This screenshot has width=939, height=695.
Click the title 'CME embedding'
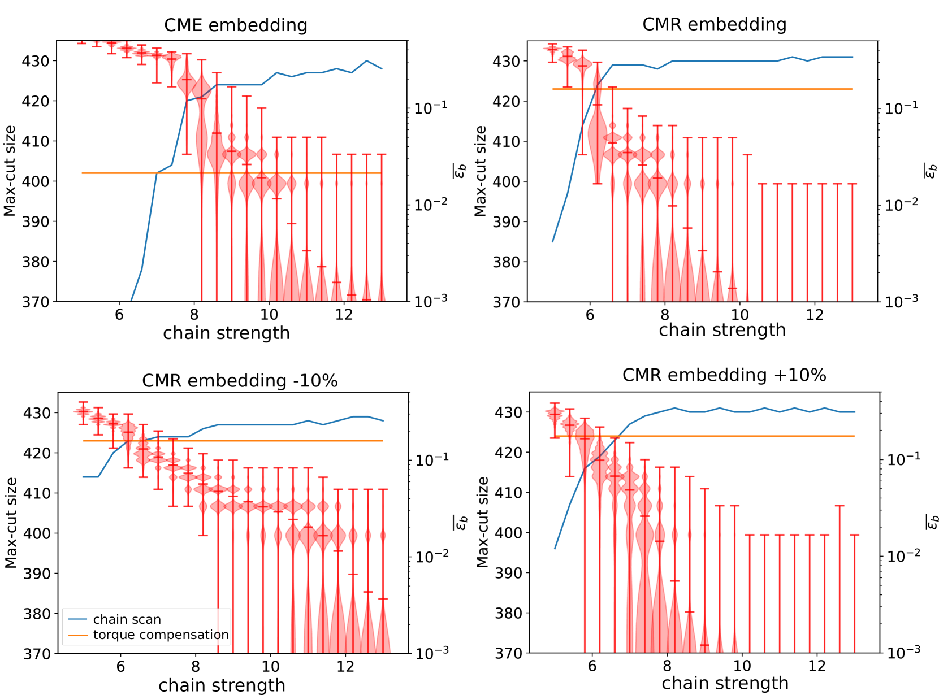[x=236, y=25]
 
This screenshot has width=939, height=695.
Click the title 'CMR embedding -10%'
[x=240, y=381]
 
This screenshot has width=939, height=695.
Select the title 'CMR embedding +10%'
[x=724, y=375]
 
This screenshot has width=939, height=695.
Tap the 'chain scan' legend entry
[x=127, y=619]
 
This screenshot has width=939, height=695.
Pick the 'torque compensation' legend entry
[x=161, y=635]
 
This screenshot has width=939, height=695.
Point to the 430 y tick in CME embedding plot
[x=36, y=61]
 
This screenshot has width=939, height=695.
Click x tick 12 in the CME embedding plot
[x=344, y=315]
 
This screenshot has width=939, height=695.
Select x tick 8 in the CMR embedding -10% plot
[x=196, y=667]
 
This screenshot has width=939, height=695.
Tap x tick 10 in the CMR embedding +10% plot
[x=742, y=666]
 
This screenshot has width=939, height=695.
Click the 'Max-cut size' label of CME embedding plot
[x=10, y=171]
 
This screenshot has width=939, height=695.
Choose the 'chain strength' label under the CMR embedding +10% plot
[x=725, y=683]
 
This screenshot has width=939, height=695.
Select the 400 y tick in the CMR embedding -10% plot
[x=37, y=533]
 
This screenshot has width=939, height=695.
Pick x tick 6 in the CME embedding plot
[x=119, y=315]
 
